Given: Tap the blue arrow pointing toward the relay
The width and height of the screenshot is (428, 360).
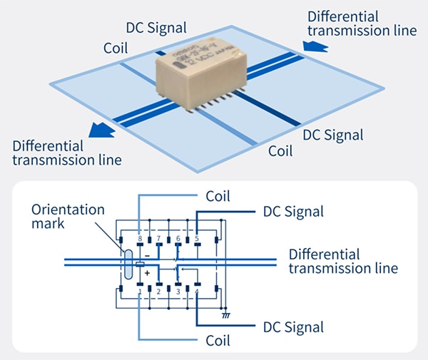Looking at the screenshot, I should point(315,46).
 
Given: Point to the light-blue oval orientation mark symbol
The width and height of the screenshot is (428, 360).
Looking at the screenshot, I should point(128,264).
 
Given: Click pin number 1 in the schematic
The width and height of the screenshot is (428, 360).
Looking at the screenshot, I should point(139,292).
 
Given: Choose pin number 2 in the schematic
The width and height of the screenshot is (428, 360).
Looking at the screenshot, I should point(158,292).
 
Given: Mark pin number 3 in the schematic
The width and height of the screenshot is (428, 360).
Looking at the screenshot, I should point(178,292).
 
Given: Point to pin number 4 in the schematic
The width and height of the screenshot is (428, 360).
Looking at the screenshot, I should point(196,292).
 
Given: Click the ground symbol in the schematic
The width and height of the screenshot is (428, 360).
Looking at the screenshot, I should point(225,313).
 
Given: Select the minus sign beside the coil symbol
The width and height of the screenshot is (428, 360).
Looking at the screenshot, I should point(148,254).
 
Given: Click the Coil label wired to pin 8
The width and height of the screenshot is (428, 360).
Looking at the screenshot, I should point(218,195).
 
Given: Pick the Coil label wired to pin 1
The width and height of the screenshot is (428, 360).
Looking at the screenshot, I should point(218,341).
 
